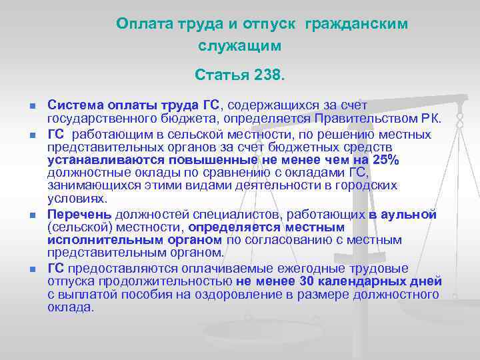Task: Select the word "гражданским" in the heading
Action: pyautogui.click(x=356, y=24)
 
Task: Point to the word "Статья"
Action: pyautogui.click(x=221, y=76)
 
